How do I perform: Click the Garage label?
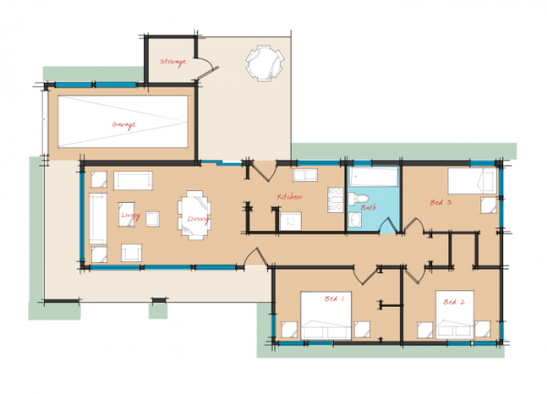124,125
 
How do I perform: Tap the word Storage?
172,62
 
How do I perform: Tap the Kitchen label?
290,197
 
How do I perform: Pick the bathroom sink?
352,219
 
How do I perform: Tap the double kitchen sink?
304,177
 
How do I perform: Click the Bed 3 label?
440,203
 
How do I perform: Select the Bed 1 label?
335,298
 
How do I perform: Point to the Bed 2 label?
454,301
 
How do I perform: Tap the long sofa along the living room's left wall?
97,218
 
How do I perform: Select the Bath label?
368,208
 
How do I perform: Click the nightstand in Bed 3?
489,206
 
